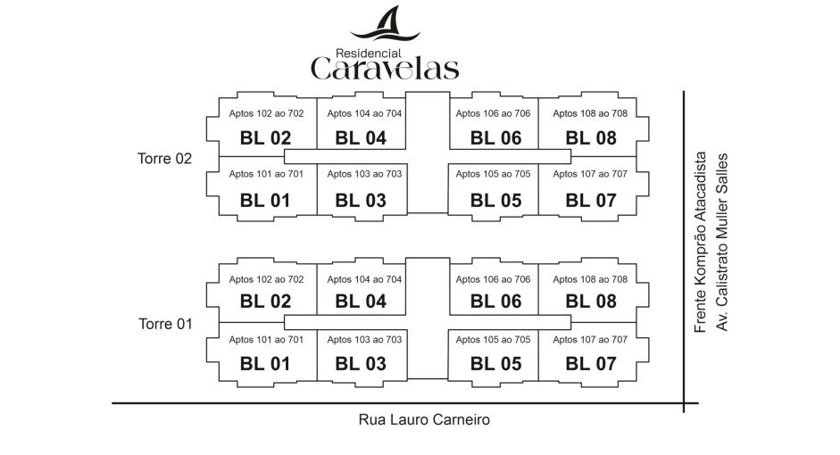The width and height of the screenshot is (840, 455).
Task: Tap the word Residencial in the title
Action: (x=369, y=53)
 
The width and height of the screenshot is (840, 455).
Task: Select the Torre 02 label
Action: (x=165, y=159)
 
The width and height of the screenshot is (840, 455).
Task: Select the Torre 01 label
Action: (x=165, y=323)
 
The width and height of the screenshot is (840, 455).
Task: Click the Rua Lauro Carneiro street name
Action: (x=425, y=418)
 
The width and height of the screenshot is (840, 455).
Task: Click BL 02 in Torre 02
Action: (x=266, y=138)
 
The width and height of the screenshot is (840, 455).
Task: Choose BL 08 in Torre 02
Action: (x=591, y=138)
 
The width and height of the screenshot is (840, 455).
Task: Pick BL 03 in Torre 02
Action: (x=361, y=201)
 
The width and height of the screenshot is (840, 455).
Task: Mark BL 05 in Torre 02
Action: (x=495, y=201)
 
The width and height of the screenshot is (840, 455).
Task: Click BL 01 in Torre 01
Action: (x=266, y=364)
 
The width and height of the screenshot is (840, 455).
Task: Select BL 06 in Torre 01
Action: (x=495, y=302)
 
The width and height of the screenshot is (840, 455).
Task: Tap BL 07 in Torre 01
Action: (x=591, y=364)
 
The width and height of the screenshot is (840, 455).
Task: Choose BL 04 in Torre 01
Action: (x=361, y=302)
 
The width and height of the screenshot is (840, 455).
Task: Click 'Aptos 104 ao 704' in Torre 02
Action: (x=364, y=113)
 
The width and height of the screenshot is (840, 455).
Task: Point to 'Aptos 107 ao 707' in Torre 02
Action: (x=590, y=174)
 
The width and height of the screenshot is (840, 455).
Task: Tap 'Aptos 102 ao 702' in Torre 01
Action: (x=266, y=279)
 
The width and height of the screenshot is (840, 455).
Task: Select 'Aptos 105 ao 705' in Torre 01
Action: (x=493, y=340)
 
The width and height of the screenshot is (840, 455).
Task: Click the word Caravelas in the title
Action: (x=385, y=68)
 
